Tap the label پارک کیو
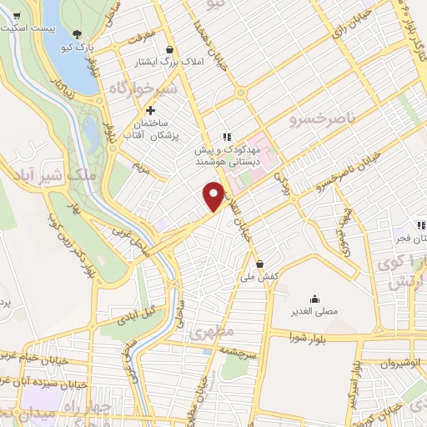tap(77, 48)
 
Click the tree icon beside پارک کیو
tap(77, 34)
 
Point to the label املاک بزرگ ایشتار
tap(171, 62)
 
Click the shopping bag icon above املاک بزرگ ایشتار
tap(171, 49)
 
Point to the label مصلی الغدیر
tap(315, 311)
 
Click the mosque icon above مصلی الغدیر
tap(315, 299)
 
